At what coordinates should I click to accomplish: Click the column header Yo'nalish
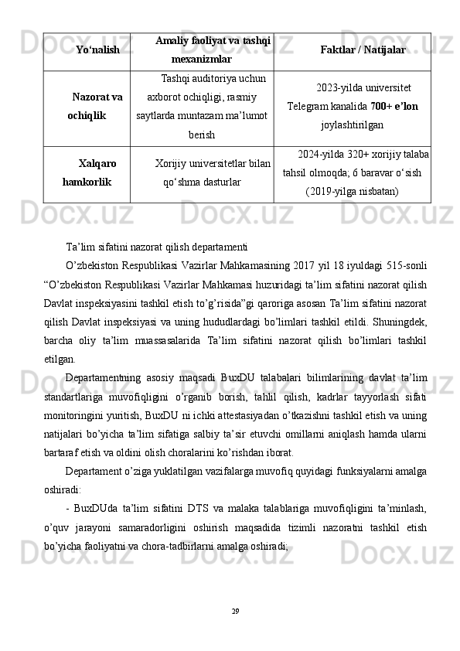(x=97, y=50)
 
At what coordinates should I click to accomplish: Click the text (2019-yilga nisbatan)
(x=353, y=190)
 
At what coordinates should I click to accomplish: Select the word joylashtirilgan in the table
(x=353, y=123)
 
